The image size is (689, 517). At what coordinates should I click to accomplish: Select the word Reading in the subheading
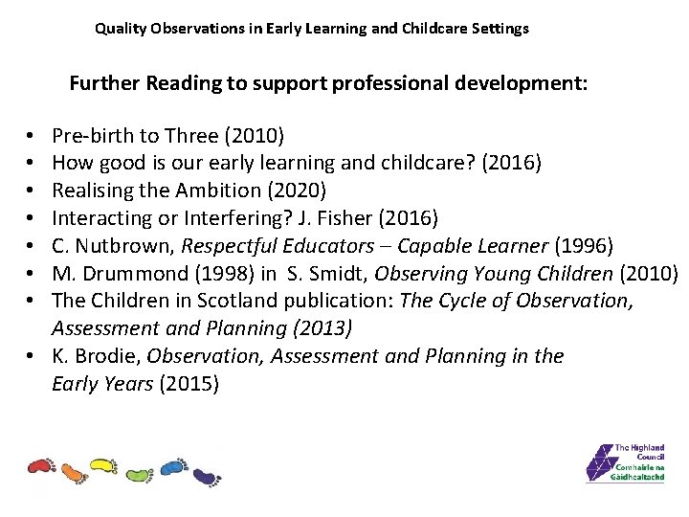coord(183,83)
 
